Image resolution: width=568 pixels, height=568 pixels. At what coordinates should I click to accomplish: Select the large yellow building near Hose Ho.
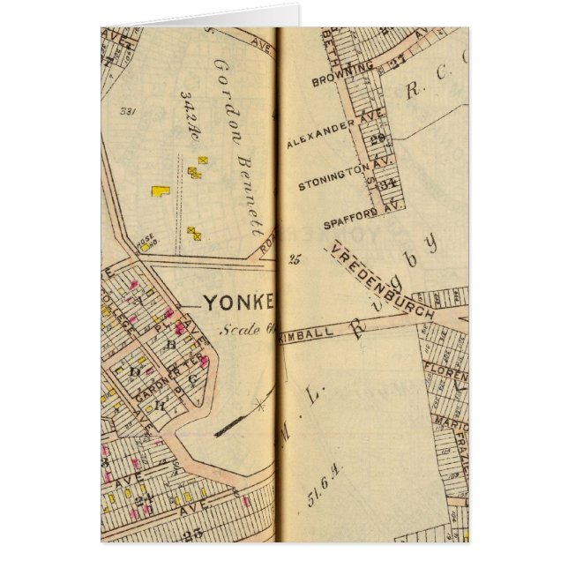click(x=160, y=189)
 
